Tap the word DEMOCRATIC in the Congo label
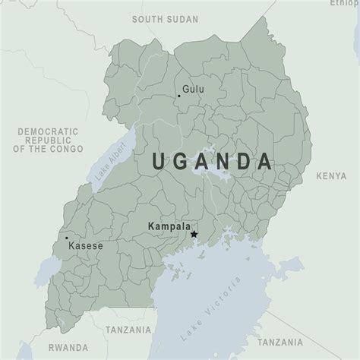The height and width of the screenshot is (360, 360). coord(47,131)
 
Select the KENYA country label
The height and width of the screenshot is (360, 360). coord(332,176)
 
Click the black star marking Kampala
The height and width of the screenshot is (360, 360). coord(194,235)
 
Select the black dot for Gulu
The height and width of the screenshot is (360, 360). coord(179,96)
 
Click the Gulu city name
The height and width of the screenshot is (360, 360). coord(194,89)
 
